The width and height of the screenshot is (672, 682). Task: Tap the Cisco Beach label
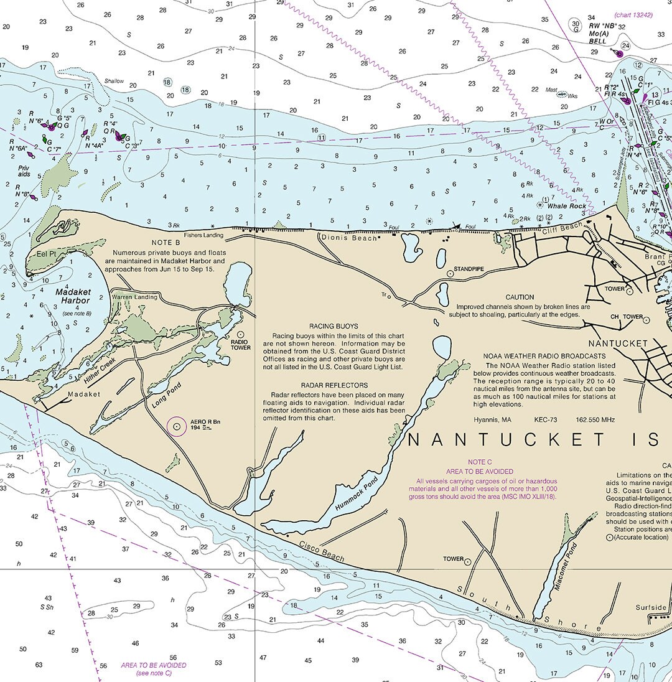point(321,549)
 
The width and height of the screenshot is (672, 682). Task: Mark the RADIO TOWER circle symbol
point(241,335)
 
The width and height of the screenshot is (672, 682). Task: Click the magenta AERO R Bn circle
point(177,426)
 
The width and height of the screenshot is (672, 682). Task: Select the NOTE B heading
point(165,243)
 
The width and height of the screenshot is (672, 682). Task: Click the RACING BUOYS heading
point(334,326)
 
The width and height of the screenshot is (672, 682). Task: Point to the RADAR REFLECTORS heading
point(334,386)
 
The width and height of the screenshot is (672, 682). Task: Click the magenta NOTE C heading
point(480,462)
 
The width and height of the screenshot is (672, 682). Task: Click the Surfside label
point(651,607)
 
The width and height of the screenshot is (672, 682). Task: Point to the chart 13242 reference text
point(633,15)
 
